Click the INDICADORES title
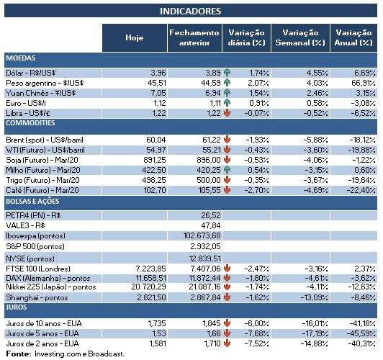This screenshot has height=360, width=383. coord(190,11)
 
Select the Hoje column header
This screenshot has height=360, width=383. coord(134,37)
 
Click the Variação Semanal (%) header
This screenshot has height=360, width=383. coord(301,37)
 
